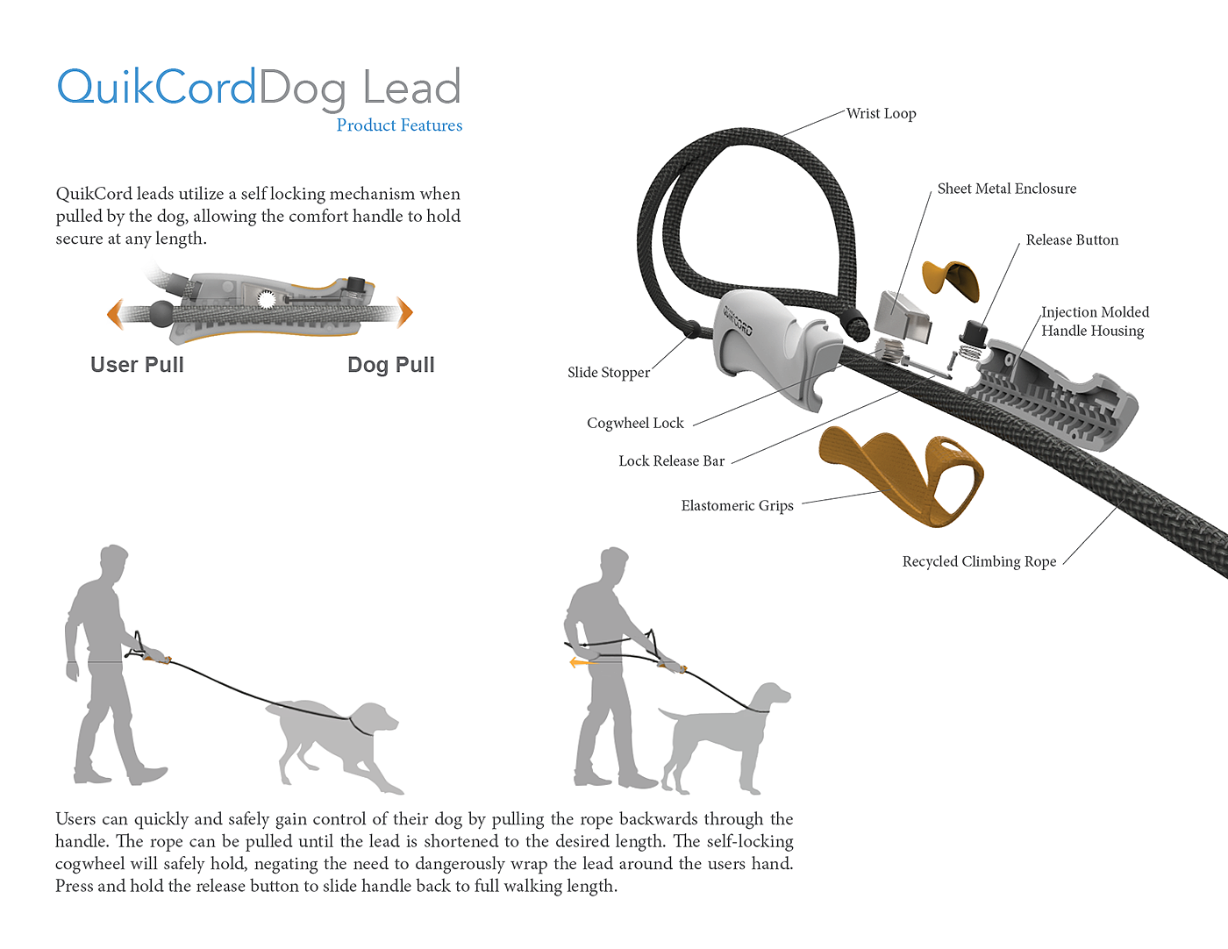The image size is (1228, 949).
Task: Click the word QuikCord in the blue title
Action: (x=156, y=87)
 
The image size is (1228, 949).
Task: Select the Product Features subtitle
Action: (x=399, y=125)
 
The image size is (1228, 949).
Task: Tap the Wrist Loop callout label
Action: (x=881, y=113)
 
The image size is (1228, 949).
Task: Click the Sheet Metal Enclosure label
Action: (x=1006, y=188)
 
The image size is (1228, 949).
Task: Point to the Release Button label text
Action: (x=1072, y=239)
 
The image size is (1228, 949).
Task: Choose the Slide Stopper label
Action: (x=609, y=372)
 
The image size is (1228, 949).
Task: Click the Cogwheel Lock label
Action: (x=635, y=423)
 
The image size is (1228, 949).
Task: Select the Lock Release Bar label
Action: (x=671, y=461)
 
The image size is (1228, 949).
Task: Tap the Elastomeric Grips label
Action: (x=737, y=505)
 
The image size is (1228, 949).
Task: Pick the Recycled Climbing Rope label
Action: (x=979, y=561)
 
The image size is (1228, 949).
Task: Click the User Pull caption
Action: (x=138, y=365)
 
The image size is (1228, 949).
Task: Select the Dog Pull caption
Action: (x=391, y=365)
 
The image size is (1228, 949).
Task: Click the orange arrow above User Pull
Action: (x=115, y=314)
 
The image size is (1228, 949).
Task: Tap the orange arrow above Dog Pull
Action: (x=404, y=312)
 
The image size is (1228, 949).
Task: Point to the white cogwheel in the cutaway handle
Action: (x=266, y=299)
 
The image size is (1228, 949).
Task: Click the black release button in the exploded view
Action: (x=973, y=332)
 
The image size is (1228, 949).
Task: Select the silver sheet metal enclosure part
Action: (x=903, y=317)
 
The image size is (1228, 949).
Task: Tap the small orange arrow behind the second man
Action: (x=583, y=662)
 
